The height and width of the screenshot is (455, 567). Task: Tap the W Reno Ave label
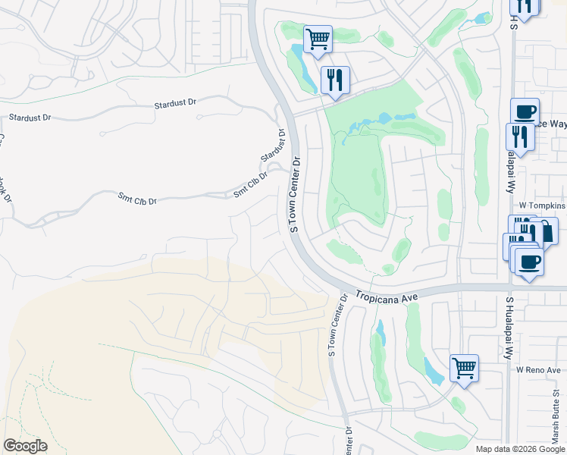(x=537, y=369)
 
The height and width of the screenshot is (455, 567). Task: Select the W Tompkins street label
(x=541, y=206)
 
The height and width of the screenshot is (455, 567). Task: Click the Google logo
(x=25, y=446)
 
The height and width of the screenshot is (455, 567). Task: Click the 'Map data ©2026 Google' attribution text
(x=519, y=449)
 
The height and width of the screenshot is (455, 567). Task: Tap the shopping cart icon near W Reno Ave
(x=464, y=368)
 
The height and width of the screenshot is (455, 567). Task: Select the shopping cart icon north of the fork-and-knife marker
(x=318, y=38)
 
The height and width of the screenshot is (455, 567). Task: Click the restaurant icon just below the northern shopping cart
(x=334, y=78)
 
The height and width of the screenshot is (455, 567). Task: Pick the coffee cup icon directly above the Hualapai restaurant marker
(x=525, y=111)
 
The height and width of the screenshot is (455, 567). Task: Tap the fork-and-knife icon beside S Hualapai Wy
(x=519, y=136)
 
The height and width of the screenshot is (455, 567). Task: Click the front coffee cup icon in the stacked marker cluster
(x=529, y=262)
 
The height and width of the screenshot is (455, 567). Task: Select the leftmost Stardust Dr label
(x=30, y=118)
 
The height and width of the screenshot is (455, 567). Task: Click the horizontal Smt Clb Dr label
(x=137, y=201)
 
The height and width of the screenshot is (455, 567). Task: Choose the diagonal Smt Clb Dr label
(x=251, y=183)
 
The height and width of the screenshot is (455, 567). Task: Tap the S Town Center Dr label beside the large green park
(x=296, y=194)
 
